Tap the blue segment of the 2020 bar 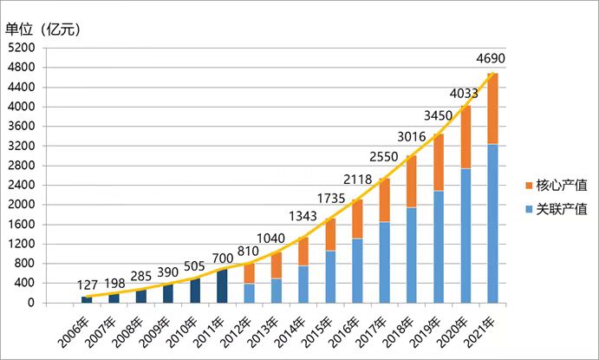(x=466, y=235)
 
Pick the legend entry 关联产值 (x=553, y=209)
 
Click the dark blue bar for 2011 (x=223, y=286)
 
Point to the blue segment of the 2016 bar (x=356, y=270)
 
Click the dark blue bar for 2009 (x=168, y=293)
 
